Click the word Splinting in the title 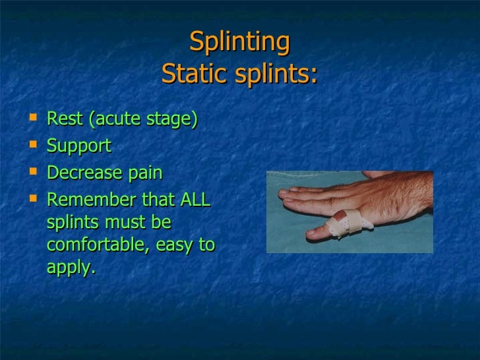point(239,43)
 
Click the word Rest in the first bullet point(65,119)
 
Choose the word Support point(79,146)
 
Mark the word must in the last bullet point(122,222)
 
